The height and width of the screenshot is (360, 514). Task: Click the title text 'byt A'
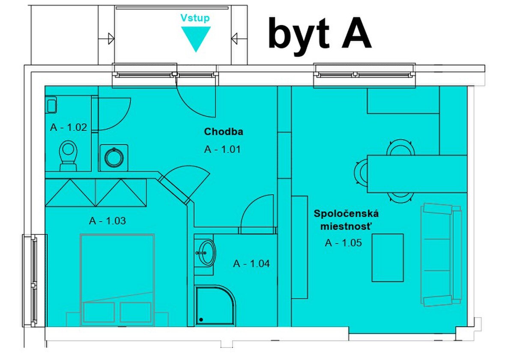[x=320, y=35]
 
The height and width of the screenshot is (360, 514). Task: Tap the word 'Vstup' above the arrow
[x=195, y=18]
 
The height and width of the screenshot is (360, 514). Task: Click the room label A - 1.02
[x=69, y=127]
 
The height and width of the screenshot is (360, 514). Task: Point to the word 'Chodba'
[x=224, y=132]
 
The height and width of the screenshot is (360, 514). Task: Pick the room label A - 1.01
[x=222, y=150]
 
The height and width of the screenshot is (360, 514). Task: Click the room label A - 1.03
[x=108, y=221]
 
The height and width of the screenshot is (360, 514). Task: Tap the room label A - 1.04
[x=251, y=264]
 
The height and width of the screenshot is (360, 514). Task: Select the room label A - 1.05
[x=343, y=243]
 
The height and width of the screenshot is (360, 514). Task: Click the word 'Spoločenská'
[x=346, y=214]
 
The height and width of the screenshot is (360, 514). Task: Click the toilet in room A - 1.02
[x=68, y=156]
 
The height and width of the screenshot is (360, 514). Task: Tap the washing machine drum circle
[x=114, y=158]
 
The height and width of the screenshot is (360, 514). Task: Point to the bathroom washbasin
[x=207, y=253]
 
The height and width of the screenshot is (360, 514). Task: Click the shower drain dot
[x=201, y=320]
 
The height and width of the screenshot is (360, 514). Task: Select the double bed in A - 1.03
[x=117, y=280]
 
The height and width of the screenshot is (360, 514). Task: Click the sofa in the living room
[x=441, y=255]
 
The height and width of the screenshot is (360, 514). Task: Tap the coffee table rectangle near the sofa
[x=388, y=258]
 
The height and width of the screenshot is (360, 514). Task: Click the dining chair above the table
[x=400, y=147]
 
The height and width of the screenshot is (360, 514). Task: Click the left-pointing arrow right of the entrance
[x=234, y=38]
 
